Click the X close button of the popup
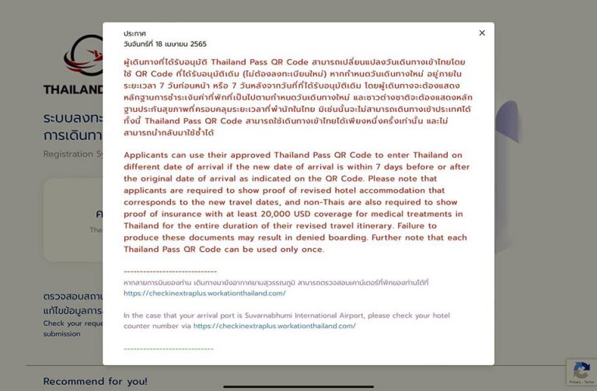482,33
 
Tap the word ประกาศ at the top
134,33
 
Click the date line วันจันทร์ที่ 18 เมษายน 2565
165,44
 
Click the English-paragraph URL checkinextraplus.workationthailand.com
274,326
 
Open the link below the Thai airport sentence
204,293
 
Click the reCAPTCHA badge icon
581,371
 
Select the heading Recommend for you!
95,382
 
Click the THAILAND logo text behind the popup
73,89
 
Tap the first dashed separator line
170,271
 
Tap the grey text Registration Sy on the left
72,154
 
